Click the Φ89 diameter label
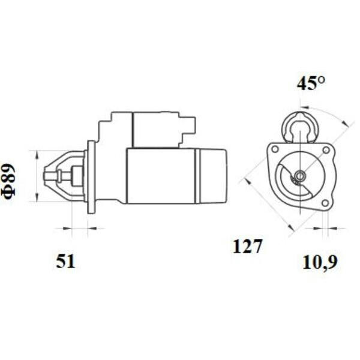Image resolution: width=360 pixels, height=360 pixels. click(x=8, y=181)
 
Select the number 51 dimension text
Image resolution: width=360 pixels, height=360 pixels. click(x=65, y=262)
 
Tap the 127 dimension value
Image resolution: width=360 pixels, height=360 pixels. click(x=247, y=246)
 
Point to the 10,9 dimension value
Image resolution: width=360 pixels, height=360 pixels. click(x=320, y=263)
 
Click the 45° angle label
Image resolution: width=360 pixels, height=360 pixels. click(x=311, y=83)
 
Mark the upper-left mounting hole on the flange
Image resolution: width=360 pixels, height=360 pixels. click(x=275, y=149)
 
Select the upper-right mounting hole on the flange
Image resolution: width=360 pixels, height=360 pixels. click(x=326, y=151)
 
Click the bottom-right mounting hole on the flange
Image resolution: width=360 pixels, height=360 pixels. click(x=325, y=203)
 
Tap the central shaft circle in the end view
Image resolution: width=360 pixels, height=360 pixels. click(x=300, y=176)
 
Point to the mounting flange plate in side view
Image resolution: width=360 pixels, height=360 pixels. click(x=91, y=177)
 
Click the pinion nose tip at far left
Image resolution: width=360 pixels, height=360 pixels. click(x=45, y=176)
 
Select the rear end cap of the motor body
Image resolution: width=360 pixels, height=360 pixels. click(x=213, y=176)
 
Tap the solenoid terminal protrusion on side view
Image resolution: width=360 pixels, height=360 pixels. click(x=188, y=125)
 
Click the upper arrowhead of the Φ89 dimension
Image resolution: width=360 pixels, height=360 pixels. click(x=37, y=155)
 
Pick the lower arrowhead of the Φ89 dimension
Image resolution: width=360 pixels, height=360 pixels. click(x=37, y=197)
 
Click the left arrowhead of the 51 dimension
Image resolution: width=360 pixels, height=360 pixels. click(x=67, y=228)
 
